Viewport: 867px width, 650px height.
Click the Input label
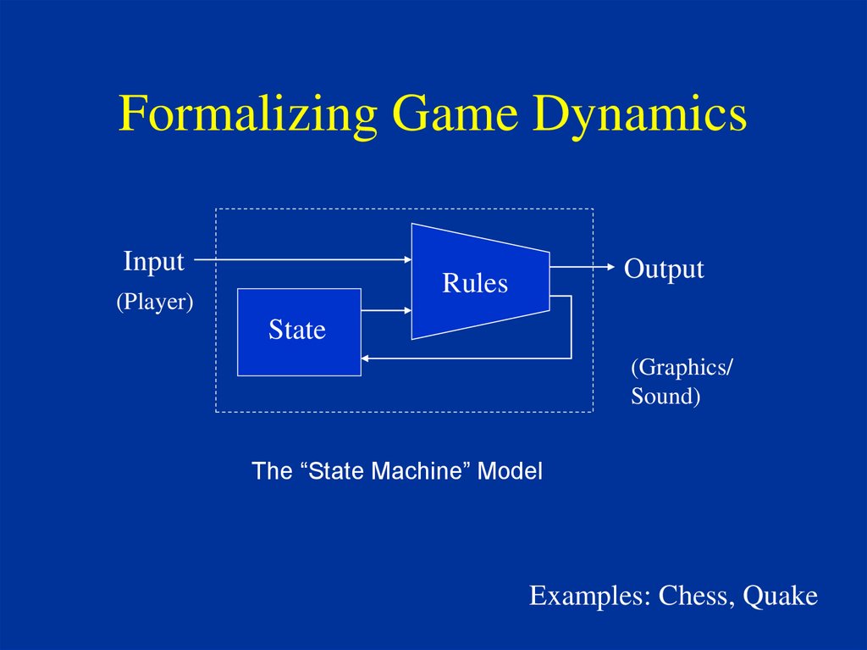pos(153,261)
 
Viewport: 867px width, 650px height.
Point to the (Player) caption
pos(155,302)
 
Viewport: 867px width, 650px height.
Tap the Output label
pos(664,269)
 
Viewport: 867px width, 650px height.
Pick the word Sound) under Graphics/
pos(665,396)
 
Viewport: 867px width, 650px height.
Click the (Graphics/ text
pos(682,367)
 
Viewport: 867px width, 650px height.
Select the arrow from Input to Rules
pos(305,258)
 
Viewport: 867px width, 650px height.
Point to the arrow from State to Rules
pos(386,311)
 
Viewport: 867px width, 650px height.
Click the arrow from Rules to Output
pos(583,267)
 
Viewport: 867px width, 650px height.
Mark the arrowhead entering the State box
pos(367,358)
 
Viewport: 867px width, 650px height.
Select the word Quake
pos(780,596)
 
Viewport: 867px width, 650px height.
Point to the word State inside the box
pos(297,330)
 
